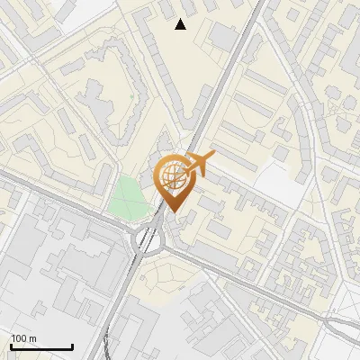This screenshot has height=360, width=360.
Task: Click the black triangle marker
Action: (181, 24)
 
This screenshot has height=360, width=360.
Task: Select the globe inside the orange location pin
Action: (171, 175)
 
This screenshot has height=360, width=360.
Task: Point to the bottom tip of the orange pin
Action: (171, 211)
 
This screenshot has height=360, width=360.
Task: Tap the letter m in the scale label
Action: (32, 337)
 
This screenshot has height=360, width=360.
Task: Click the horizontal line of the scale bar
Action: (41, 347)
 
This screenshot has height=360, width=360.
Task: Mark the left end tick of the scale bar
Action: (11, 346)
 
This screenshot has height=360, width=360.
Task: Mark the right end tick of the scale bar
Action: (72, 346)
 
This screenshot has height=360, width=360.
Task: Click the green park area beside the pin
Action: (129, 196)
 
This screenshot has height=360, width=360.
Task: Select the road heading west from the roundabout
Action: (63, 209)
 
